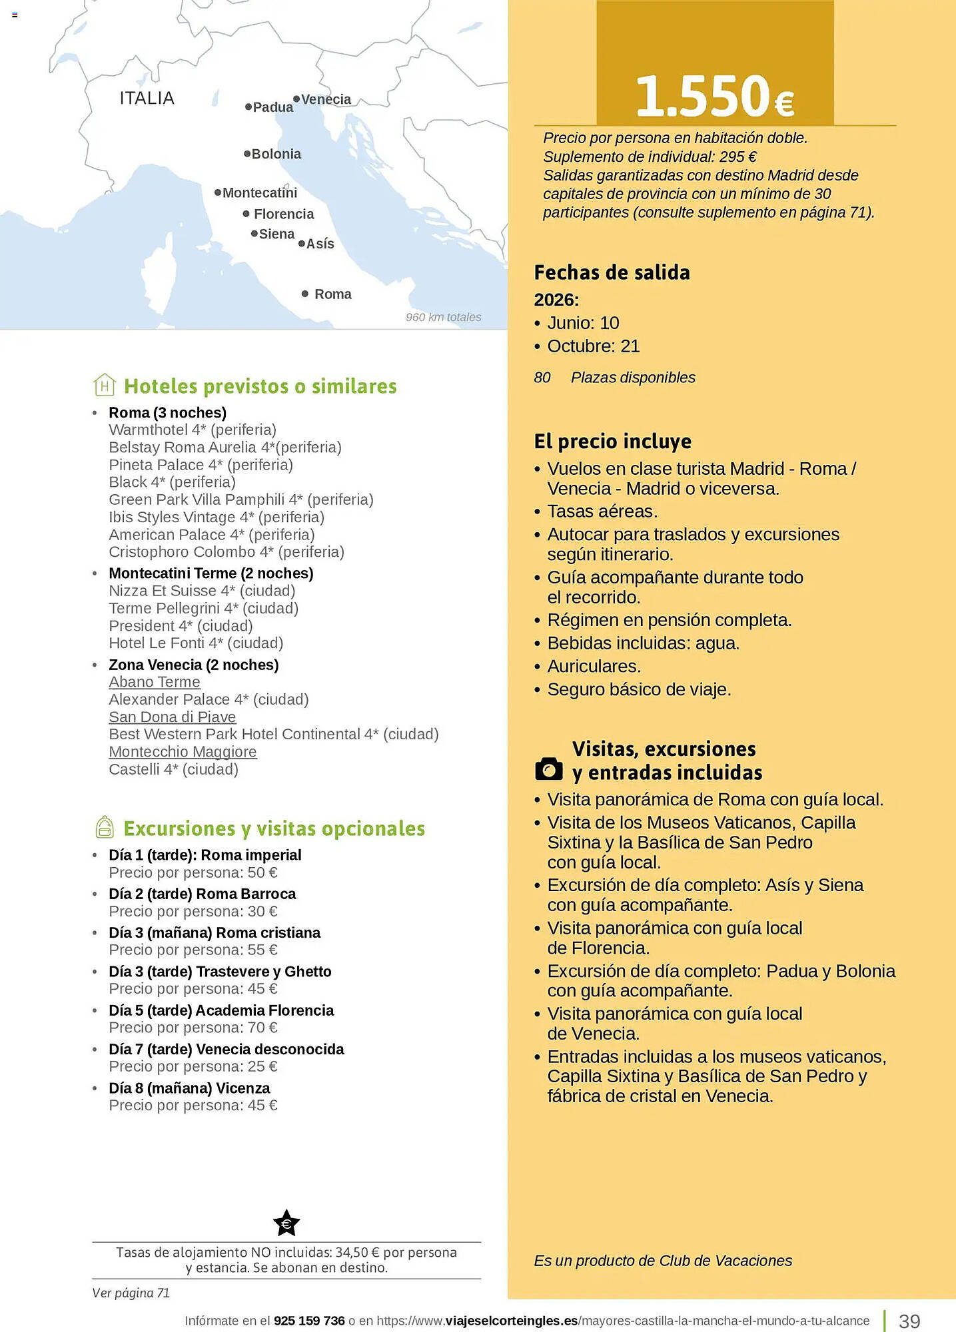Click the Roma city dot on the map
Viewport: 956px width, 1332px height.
(305, 294)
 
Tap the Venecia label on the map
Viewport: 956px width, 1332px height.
(326, 100)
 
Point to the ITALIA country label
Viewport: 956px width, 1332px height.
(147, 99)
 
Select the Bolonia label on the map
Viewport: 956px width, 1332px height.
(276, 155)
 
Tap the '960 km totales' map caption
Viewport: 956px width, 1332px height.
(443, 318)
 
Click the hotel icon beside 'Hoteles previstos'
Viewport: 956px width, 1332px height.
(105, 385)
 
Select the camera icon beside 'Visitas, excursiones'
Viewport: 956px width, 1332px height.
(549, 769)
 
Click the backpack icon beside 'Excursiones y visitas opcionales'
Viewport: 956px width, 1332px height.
(105, 827)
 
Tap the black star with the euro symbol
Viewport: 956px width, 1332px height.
(286, 1223)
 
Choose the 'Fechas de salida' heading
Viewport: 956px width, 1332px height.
(612, 272)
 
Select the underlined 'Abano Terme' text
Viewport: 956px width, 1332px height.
(155, 682)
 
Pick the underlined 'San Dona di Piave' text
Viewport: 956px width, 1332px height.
(173, 717)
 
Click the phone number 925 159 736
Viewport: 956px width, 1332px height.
(309, 1321)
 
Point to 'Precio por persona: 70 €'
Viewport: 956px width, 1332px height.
(193, 1028)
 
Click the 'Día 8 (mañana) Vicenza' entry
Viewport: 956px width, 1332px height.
(189, 1088)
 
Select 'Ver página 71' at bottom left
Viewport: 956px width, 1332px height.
(131, 1293)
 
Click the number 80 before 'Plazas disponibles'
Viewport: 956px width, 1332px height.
(542, 378)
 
